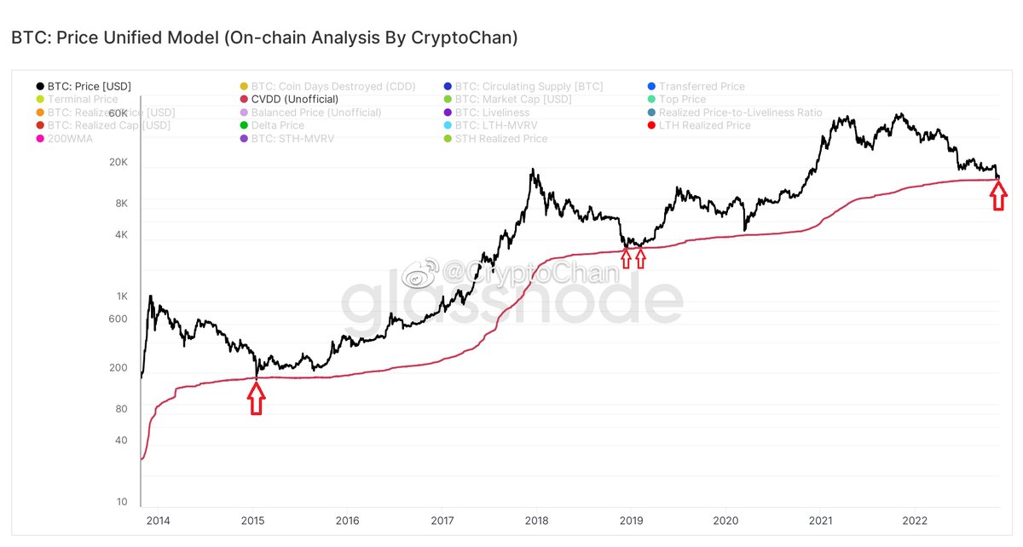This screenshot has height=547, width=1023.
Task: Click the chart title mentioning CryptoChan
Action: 263,38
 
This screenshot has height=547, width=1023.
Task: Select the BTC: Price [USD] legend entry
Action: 89,86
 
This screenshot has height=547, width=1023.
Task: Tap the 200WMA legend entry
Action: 71,138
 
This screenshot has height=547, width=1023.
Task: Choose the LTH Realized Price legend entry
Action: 704,125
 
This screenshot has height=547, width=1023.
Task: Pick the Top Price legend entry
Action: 682,100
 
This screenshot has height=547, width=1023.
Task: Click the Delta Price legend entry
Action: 277,125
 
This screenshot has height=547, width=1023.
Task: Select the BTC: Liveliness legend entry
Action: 492,112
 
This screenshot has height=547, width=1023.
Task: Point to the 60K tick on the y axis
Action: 117,113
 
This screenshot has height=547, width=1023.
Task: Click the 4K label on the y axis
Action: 120,234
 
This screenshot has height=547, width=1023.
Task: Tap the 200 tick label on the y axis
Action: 118,368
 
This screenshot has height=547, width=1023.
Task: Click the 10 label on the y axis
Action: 122,502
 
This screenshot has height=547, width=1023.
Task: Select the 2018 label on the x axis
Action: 536,520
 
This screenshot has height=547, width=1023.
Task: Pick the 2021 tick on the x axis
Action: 820,520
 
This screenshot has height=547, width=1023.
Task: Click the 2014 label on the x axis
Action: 158,520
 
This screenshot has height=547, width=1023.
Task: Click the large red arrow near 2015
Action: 256,398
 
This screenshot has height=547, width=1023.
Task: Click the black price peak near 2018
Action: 532,170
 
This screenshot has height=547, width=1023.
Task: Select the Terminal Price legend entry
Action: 83,100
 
